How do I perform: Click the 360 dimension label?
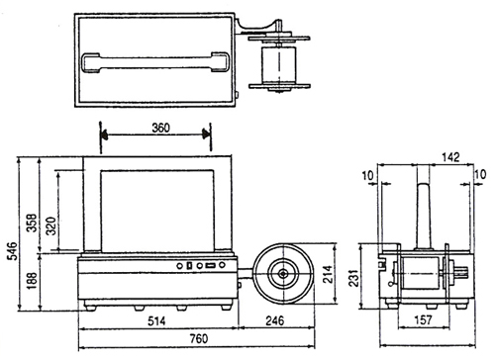160,128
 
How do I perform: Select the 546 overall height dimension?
12,251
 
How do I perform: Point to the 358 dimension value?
32,223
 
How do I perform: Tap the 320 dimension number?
51,225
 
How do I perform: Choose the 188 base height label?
32,281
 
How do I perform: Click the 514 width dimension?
156,321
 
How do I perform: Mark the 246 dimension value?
274,320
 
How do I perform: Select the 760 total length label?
199,338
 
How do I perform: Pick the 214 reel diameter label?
328,274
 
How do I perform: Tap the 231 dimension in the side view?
353,277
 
